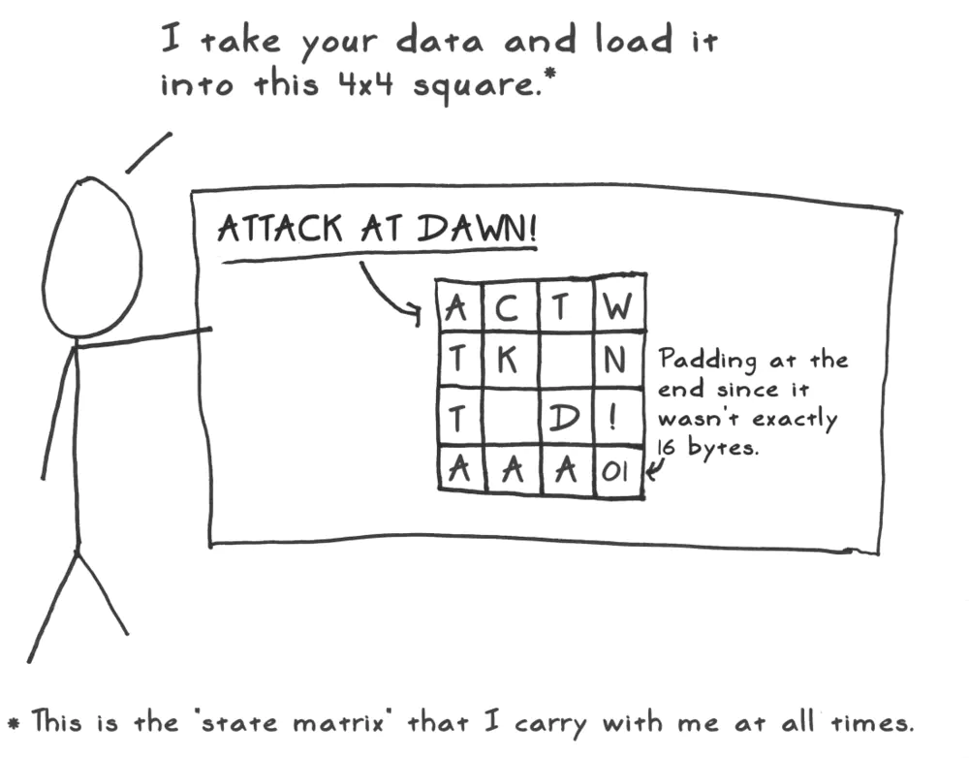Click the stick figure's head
tap(91, 258)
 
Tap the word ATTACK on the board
tap(279, 228)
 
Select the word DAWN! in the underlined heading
tap(477, 229)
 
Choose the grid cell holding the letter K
tap(511, 360)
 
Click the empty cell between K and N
tap(566, 360)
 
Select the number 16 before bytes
tap(667, 447)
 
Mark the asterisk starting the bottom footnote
tap(13, 722)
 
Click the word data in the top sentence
tap(439, 41)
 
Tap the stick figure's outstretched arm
tap(143, 338)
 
